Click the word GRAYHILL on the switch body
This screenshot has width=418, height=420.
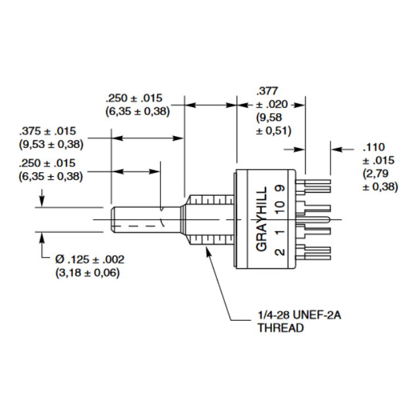point(262,220)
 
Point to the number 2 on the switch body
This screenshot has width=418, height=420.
point(279,252)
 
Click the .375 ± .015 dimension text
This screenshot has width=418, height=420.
point(48,131)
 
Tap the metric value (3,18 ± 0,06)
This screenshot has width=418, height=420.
point(88,272)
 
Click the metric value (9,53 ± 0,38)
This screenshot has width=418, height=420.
point(51,144)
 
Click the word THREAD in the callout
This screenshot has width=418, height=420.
point(281,327)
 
